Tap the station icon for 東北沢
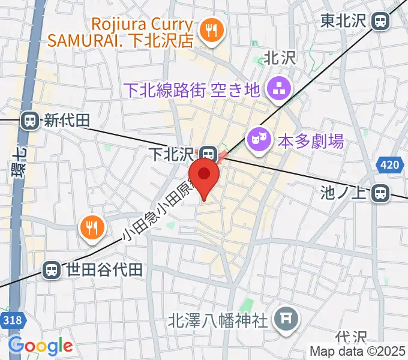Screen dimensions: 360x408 (x=380, y=22)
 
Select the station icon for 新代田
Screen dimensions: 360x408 (x=29, y=121)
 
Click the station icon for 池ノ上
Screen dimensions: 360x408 (x=380, y=193)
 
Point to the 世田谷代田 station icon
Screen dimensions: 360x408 (x=53, y=269)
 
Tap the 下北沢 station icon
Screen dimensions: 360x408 (x=208, y=153)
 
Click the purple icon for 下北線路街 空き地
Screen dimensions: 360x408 (x=279, y=90)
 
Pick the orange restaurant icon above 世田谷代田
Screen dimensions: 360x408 (x=92, y=227)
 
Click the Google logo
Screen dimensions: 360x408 (x=40, y=346)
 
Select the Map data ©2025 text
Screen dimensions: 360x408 (x=358, y=352)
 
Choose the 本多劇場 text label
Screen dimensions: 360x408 (x=311, y=141)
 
